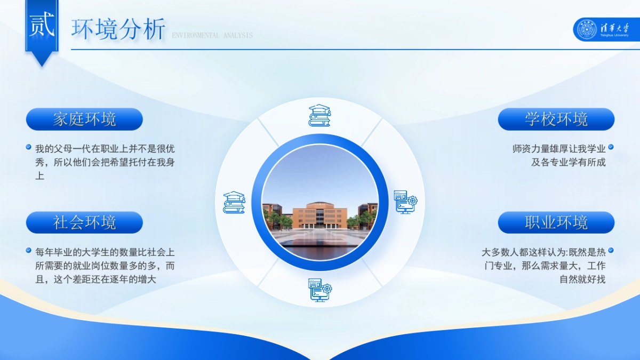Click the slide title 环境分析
pos(118,29)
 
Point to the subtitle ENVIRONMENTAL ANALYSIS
pos(212,36)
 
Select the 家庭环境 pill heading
pos(84,119)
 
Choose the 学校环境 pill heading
pos(556,119)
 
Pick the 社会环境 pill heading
pos(84,222)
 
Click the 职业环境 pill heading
pos(556,222)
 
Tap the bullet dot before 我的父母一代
pos(29,147)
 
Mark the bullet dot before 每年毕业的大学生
pos(29,250)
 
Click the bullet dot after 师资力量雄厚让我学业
pos(611,147)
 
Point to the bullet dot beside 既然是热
pos(611,250)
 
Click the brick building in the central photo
pos(319,215)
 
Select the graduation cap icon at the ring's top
pos(319,115)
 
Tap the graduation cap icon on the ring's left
pos(234,203)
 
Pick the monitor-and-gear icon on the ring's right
pos(405,202)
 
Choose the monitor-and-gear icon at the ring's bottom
pos(319,290)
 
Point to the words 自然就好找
pos(582,279)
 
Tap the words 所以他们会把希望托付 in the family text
pos(105,162)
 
